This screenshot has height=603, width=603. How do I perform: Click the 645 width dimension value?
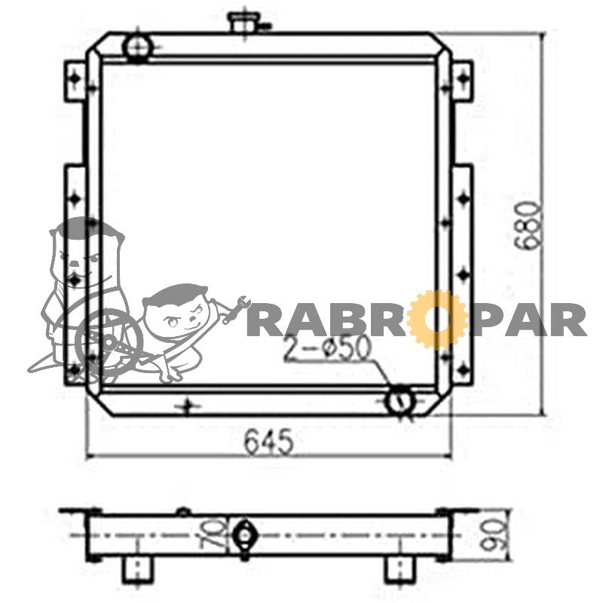pos(268,442)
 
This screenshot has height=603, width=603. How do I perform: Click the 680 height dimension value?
pos(529,223)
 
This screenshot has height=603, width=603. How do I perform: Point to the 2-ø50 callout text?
pos(327,349)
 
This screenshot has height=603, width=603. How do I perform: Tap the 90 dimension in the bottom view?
pos(494,535)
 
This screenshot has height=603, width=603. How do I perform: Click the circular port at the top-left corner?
pos(137,47)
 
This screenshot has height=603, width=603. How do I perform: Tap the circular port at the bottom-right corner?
pos(400,401)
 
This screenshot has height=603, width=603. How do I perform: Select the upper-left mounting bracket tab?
pos(74,81)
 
